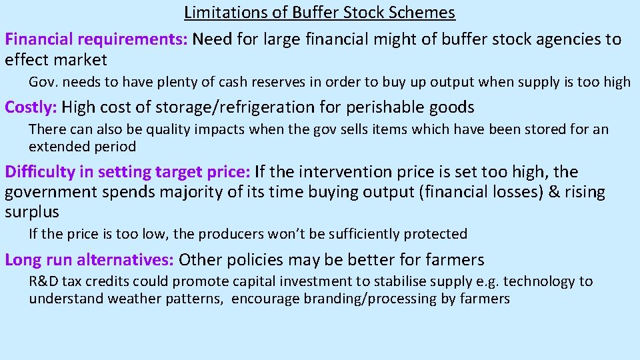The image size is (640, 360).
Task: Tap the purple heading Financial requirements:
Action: [x=96, y=39]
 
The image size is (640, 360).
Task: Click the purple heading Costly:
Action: [x=31, y=107]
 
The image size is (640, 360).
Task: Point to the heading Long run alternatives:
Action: [x=89, y=259]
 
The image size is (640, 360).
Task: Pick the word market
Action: [x=81, y=60]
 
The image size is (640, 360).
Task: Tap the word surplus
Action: [x=32, y=213]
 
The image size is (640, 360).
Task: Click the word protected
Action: [x=437, y=234]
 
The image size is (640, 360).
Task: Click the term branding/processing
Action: [x=370, y=299]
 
